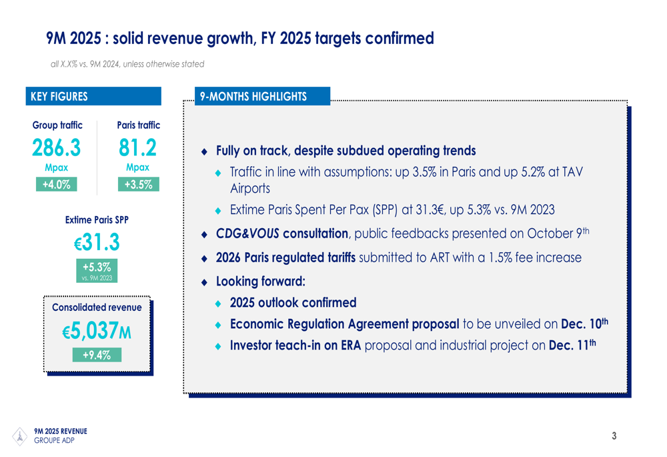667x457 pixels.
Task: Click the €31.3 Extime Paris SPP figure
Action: [x=97, y=243]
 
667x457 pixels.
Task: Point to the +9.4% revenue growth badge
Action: [x=97, y=355]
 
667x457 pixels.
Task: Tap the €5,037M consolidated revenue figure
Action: [x=97, y=330]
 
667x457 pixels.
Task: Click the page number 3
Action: [x=614, y=437]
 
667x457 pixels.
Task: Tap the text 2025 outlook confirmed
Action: [x=293, y=303]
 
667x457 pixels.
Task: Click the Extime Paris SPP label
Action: [x=97, y=219]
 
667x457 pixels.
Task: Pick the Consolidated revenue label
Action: [x=97, y=308]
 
